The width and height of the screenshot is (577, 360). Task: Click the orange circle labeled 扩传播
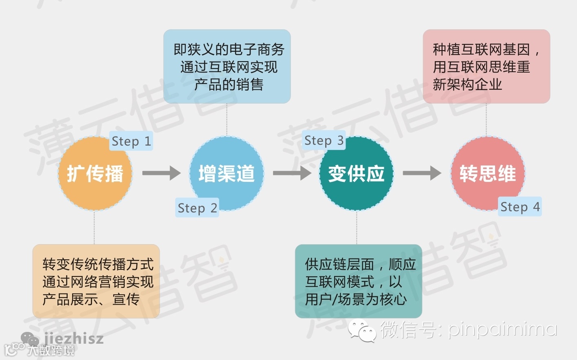[x=95, y=174]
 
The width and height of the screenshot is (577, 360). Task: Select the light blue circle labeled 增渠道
[x=227, y=174]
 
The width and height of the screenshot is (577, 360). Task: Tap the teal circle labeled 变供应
[x=357, y=174]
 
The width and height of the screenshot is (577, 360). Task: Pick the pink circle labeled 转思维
[x=487, y=174]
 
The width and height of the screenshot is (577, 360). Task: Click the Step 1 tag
[x=131, y=141]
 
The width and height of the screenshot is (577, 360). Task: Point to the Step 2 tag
[x=197, y=208]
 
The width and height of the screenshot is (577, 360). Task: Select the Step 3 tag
[x=324, y=141]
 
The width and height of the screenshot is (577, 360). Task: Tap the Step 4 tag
[x=520, y=207]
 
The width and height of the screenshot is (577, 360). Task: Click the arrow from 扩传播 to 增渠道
[x=161, y=173]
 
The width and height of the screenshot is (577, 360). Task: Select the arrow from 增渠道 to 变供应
[x=292, y=173]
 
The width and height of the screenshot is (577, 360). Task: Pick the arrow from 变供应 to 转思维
[x=422, y=173]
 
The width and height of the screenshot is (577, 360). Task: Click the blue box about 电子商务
[x=227, y=66]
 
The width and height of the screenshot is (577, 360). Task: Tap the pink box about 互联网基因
[x=487, y=66]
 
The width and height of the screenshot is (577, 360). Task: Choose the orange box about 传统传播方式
[x=96, y=281]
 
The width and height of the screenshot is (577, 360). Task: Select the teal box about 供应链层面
[x=359, y=281]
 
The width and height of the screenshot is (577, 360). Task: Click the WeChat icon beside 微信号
[x=361, y=330]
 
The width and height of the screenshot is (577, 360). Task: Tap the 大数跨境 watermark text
[x=51, y=350]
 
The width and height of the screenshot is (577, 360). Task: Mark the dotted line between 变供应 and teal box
[x=357, y=227]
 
